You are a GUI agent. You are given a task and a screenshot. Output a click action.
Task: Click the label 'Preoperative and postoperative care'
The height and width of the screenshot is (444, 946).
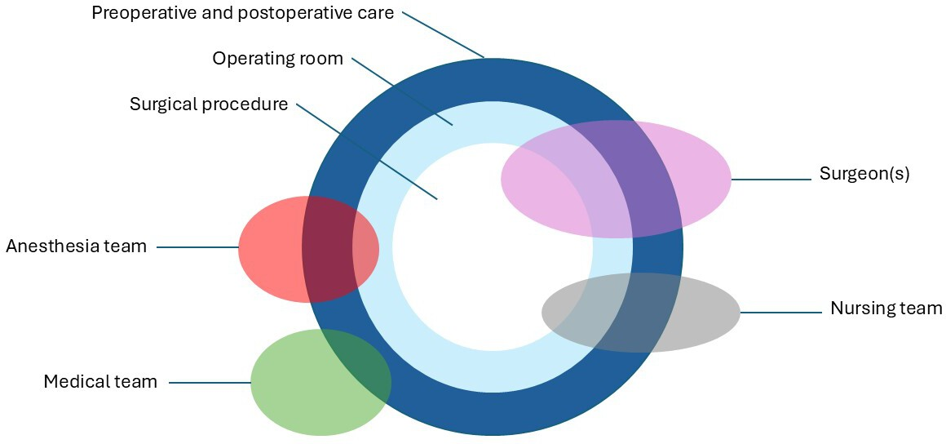click(x=242, y=13)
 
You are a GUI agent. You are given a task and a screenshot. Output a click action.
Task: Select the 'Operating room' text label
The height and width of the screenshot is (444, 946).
click(x=277, y=59)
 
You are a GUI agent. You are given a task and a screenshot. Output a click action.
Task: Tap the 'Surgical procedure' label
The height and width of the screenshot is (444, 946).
click(x=209, y=104)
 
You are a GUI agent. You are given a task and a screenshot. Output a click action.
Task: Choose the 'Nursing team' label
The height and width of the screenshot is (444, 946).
click(x=886, y=308)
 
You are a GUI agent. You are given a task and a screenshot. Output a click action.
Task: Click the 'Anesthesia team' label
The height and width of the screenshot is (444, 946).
click(x=76, y=246)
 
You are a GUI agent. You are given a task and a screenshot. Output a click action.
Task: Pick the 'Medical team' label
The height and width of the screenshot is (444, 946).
click(x=100, y=382)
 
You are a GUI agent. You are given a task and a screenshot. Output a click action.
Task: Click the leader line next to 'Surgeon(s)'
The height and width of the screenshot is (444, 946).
click(x=771, y=180)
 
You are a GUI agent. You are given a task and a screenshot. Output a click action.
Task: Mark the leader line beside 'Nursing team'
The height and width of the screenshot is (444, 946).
click(x=781, y=313)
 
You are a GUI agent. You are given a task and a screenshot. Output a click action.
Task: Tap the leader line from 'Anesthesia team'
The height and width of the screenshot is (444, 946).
click(x=198, y=247)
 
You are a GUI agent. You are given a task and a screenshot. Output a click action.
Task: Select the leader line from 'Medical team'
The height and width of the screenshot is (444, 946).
click(x=210, y=382)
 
